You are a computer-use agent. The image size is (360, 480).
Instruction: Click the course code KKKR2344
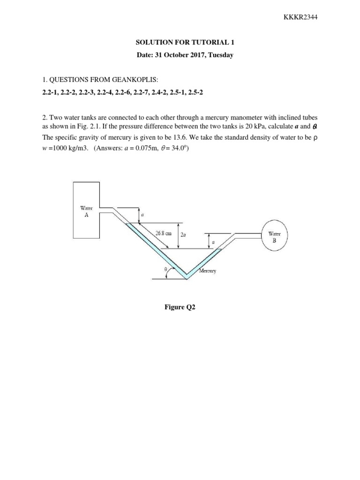coord(301,17)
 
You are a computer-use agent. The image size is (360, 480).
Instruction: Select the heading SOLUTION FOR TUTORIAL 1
coord(180,42)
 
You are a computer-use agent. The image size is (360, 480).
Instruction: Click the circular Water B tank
coord(274,236)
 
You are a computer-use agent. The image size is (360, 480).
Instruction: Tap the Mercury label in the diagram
coord(207,271)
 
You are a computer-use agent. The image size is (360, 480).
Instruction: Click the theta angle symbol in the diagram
coord(165,270)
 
